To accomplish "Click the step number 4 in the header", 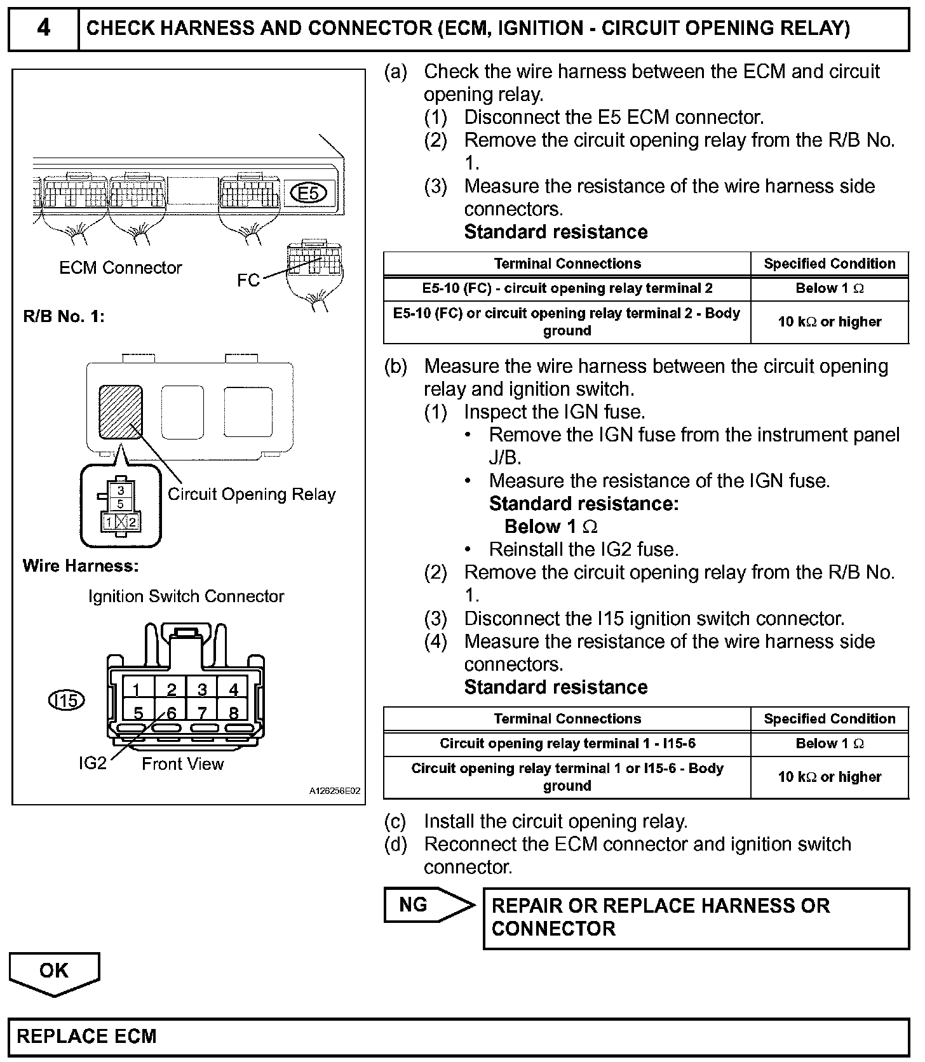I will tap(43, 29).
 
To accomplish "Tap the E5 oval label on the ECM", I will tap(308, 192).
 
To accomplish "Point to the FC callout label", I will tap(248, 280).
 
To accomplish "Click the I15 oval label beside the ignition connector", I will tap(67, 700).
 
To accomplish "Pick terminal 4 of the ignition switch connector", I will tap(233, 689).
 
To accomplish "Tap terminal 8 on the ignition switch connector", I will tap(233, 713).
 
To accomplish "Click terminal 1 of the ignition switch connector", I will tap(137, 689).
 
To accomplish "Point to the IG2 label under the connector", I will tap(93, 763).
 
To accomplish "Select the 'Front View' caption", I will tap(182, 763).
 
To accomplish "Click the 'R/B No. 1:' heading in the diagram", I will tap(64, 316).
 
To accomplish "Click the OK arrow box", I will tap(54, 971).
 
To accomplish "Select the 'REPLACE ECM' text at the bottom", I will tap(86, 1037).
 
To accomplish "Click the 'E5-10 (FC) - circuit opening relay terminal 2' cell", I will tap(567, 288).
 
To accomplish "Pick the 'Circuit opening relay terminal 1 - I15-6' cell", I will tap(567, 743).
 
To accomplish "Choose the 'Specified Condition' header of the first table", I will tap(829, 264).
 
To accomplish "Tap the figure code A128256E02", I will tap(335, 791).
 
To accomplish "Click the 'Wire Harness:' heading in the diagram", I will tap(81, 565).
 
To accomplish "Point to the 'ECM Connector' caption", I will tap(120, 267).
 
